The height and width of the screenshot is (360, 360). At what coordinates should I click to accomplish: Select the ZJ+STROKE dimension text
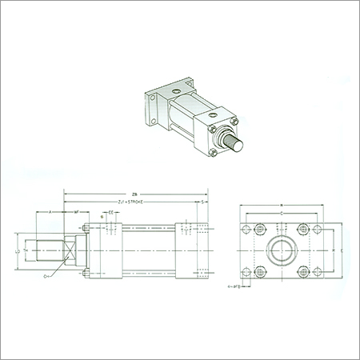coord(130,203)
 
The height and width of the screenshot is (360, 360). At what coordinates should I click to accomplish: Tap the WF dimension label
coord(76,213)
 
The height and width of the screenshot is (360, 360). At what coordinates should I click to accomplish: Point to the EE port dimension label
coord(110,213)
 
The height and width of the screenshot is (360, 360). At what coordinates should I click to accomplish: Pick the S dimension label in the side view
coord(203,203)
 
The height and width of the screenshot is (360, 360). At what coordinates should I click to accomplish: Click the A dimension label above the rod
coord(50,213)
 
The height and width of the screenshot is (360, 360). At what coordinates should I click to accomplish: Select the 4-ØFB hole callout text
coord(234,285)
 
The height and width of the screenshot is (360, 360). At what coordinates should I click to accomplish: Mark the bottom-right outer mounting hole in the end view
coord(318,270)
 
